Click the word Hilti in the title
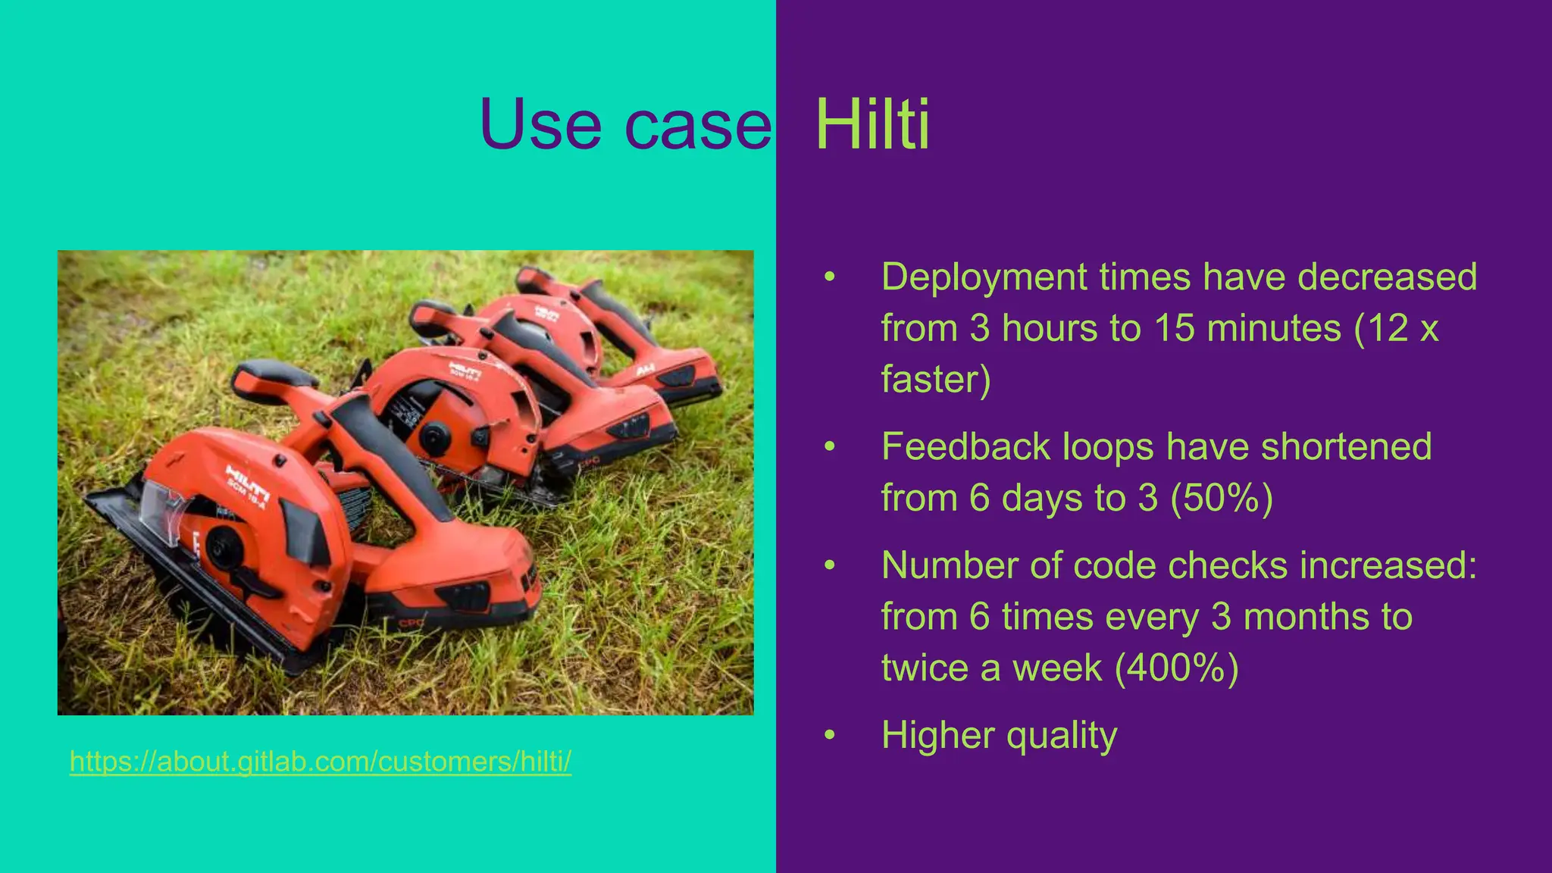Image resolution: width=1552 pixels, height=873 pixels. coord(871,124)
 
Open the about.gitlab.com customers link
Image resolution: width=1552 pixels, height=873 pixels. coord(320,761)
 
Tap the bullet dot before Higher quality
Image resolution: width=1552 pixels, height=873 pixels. coord(830,735)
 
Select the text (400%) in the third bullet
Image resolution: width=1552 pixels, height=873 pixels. coord(1176,668)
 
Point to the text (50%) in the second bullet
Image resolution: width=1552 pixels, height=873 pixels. coord(1222,499)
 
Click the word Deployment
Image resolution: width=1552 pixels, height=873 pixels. coord(984,277)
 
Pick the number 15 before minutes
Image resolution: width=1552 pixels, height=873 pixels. coord(1174,328)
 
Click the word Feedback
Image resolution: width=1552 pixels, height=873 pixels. coord(966,446)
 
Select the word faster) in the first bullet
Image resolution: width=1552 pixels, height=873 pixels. coord(936,380)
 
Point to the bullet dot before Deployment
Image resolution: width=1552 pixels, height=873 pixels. coord(830,277)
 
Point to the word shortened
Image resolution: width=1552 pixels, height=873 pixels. coord(1346,446)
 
